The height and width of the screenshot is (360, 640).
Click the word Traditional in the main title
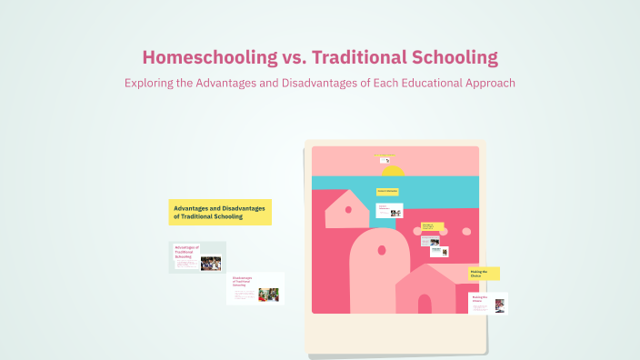coord(360,57)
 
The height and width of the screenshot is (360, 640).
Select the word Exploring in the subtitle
coord(149,83)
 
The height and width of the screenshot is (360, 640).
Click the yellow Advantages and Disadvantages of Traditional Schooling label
coord(220,212)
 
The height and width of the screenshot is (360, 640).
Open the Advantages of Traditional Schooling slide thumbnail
coord(197,257)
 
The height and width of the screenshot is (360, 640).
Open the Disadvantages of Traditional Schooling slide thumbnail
coord(255,288)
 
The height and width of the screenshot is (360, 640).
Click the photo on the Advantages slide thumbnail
coord(211,264)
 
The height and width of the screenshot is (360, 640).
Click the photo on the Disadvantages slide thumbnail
coord(268,295)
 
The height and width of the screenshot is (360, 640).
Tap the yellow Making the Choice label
coord(484,273)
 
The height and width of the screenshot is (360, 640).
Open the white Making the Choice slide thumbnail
coord(487,304)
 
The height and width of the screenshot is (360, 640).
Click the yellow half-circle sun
coord(393,170)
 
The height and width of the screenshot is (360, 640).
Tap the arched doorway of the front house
coord(425,304)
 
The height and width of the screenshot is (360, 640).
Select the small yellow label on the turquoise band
coord(388,191)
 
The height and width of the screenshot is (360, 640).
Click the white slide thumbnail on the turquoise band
coord(389,211)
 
